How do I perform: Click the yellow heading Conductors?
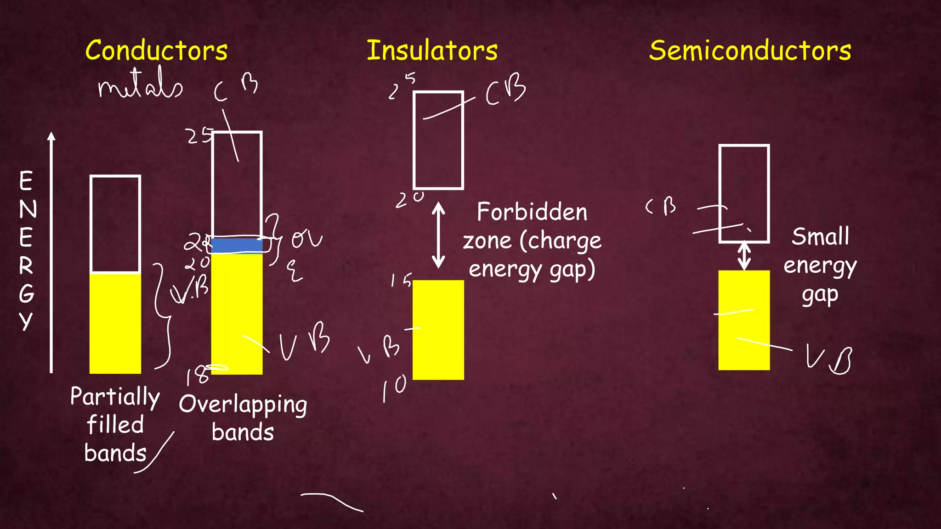[156, 50]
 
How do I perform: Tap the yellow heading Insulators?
[432, 50]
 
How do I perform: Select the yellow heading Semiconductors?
[750, 50]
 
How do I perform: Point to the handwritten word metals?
[140, 85]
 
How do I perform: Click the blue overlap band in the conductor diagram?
[237, 245]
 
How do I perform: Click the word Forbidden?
[532, 212]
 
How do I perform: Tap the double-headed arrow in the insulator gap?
[438, 235]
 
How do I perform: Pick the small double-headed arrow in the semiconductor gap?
[744, 256]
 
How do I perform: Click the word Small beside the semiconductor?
[820, 237]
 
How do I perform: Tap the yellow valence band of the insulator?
[438, 330]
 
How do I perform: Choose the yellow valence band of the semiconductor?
[744, 320]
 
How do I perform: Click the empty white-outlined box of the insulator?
[438, 140]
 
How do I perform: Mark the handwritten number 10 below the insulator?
[394, 387]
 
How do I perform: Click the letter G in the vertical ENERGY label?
[27, 293]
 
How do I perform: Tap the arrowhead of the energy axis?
[51, 136]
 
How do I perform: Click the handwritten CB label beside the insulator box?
[505, 90]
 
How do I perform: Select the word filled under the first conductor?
[115, 425]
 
